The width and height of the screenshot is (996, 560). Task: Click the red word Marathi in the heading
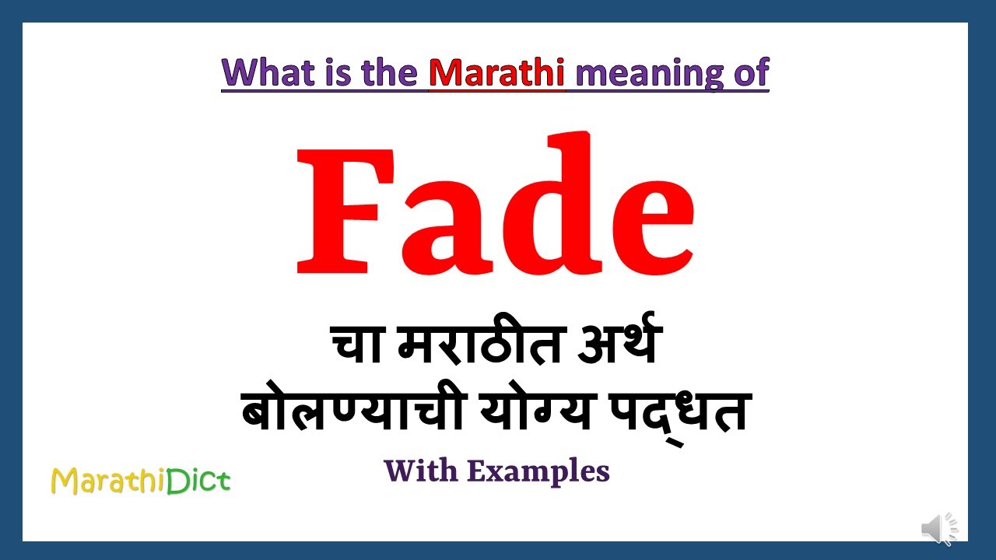[497, 72]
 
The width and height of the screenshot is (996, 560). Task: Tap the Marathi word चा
[358, 346]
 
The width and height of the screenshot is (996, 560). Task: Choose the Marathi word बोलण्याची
[342, 411]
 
